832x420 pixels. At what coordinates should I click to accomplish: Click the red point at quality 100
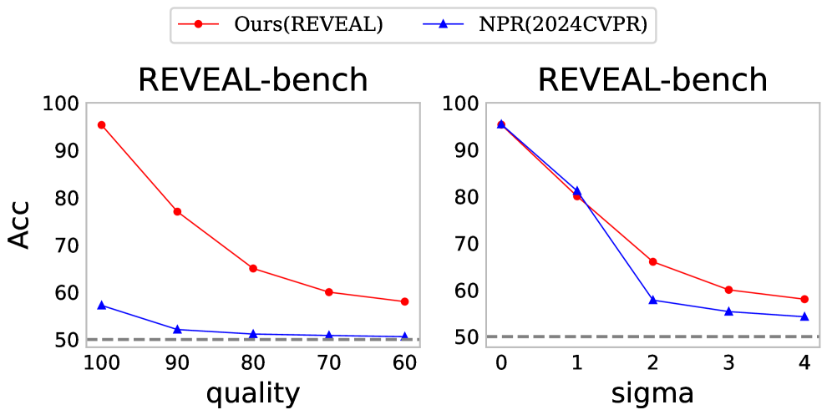[101, 124]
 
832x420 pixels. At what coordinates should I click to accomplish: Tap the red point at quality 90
[177, 211]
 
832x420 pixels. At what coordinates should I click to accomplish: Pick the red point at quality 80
[253, 268]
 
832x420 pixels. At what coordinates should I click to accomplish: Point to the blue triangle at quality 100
[101, 306]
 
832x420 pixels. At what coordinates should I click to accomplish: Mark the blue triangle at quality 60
[404, 337]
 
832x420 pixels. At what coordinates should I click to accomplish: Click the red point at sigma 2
[652, 261]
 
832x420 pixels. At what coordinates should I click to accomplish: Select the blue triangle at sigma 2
[652, 300]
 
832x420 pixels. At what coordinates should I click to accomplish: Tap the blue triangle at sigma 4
[804, 316]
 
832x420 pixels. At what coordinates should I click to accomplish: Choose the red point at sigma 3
[728, 290]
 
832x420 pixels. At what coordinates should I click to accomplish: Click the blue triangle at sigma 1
[576, 191]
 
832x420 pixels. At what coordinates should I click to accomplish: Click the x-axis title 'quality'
[252, 392]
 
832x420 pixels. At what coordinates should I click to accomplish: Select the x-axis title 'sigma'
[652, 392]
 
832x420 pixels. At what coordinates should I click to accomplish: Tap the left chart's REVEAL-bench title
[252, 80]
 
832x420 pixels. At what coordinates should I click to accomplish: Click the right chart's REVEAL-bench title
[652, 80]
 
